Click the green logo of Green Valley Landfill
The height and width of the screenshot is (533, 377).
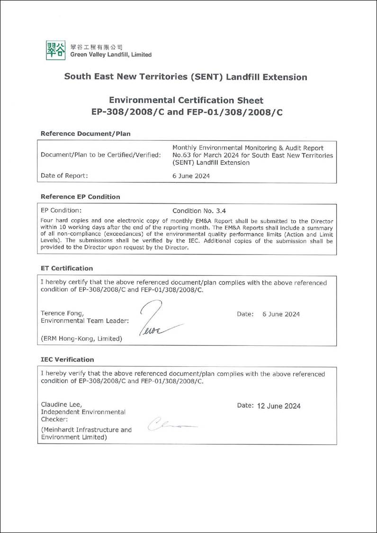(x=55, y=50)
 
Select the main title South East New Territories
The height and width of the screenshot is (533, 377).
(x=185, y=77)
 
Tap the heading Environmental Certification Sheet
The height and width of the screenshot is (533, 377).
(x=186, y=100)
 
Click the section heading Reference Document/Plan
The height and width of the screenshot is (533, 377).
(x=86, y=134)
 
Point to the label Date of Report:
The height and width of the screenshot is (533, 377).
(x=64, y=176)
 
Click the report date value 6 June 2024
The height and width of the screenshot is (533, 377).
(x=191, y=176)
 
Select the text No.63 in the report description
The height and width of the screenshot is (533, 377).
(x=181, y=155)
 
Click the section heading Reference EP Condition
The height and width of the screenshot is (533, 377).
(x=81, y=197)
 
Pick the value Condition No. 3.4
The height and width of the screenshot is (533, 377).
(x=203, y=210)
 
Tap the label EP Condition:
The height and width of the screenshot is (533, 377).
(x=61, y=210)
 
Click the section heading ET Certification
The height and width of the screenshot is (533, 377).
(x=67, y=268)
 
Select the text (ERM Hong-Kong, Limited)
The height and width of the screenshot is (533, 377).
(x=81, y=338)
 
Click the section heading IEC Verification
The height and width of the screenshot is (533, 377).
(x=67, y=360)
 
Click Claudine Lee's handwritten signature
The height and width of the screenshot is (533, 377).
(x=171, y=424)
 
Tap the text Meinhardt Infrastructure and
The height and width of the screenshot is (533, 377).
(x=87, y=430)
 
